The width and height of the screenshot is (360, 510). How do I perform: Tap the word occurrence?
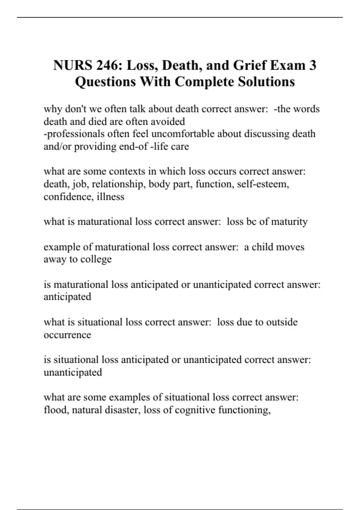(x=67, y=335)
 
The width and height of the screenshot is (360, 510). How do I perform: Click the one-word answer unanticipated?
(x=73, y=372)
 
